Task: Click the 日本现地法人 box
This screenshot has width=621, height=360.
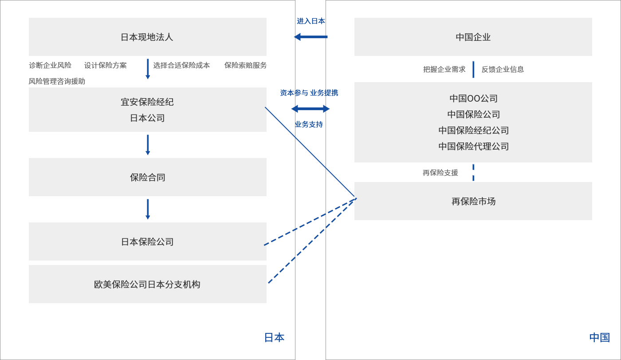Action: [147, 37]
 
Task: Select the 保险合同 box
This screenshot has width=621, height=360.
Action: [147, 177]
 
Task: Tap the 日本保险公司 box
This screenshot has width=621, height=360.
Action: [147, 241]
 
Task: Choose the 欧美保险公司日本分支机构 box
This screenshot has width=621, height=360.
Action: [147, 284]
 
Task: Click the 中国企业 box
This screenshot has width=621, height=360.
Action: [473, 37]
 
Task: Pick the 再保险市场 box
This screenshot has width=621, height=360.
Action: [473, 201]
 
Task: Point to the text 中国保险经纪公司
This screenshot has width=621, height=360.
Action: [474, 131]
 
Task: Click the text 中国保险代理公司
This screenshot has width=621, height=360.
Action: [474, 146]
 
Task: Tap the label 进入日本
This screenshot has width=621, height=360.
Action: [311, 21]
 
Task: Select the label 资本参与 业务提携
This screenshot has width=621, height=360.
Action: [309, 93]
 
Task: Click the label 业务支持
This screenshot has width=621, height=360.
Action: [309, 124]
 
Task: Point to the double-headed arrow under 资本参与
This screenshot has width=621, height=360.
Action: [310, 109]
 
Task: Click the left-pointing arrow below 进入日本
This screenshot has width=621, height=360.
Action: [311, 36]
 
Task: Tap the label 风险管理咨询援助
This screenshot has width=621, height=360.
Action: [57, 81]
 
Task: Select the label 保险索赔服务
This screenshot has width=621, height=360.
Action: [245, 65]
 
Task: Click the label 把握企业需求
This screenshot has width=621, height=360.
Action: [444, 69]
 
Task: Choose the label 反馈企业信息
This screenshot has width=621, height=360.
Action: [503, 69]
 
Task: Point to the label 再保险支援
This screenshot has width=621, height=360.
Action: [440, 173]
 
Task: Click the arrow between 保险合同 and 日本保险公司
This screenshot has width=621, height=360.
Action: [148, 209]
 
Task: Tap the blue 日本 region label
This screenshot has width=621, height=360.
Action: [274, 337]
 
